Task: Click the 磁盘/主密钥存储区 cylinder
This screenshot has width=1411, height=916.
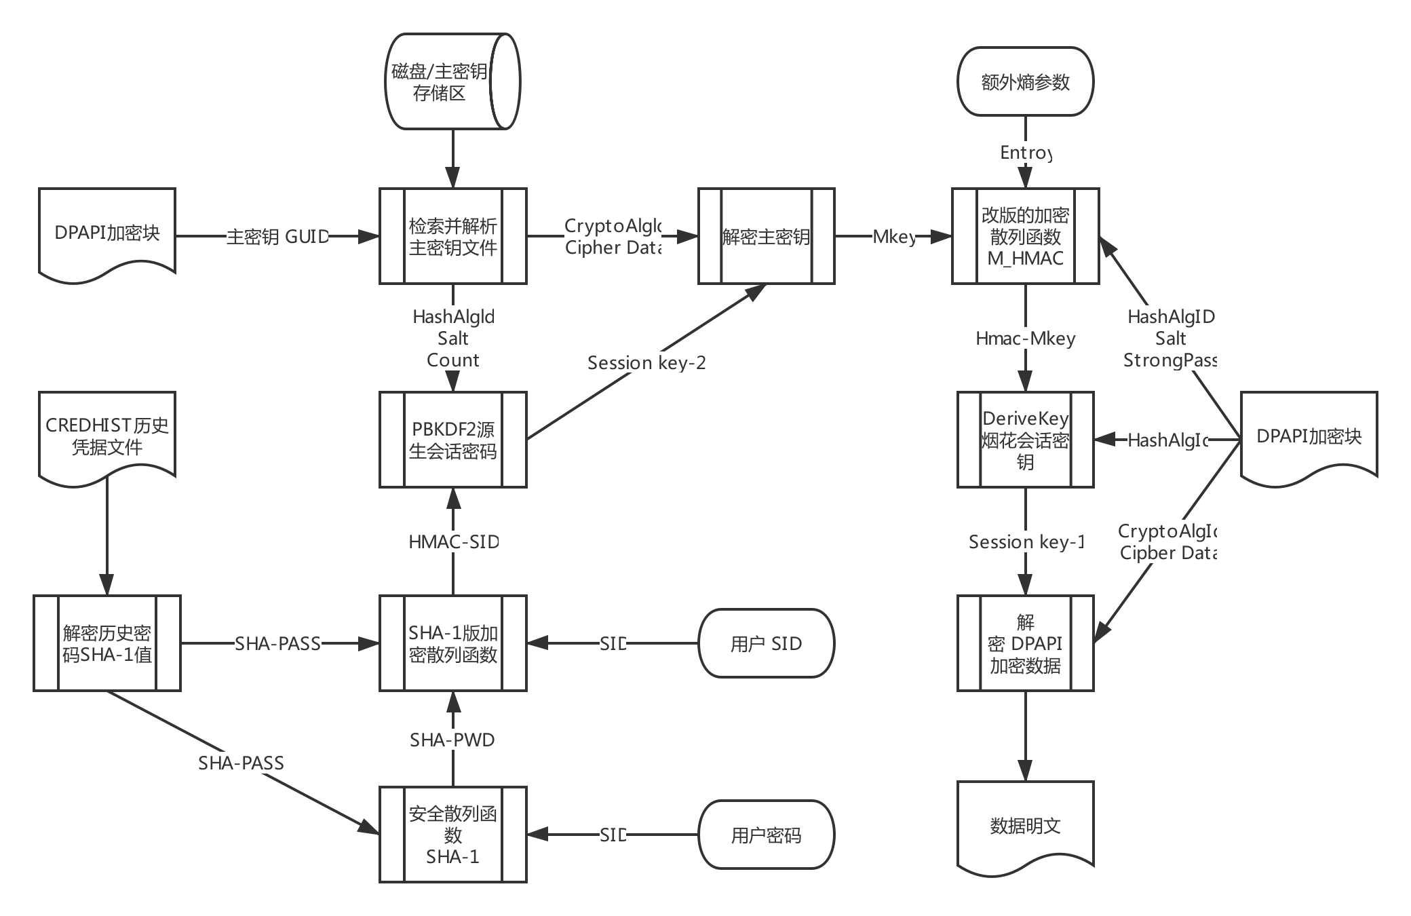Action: pyautogui.click(x=452, y=81)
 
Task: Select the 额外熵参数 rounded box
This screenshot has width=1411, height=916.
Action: pyautogui.click(x=1025, y=81)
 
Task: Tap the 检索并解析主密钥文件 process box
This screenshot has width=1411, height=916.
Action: pyautogui.click(x=452, y=236)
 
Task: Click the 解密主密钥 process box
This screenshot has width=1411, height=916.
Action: pyautogui.click(x=766, y=236)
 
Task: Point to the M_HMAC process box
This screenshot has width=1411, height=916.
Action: pyautogui.click(x=1025, y=236)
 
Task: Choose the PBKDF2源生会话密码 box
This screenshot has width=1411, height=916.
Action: pyautogui.click(x=452, y=440)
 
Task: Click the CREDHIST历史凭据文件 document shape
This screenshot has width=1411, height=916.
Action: pyautogui.click(x=107, y=436)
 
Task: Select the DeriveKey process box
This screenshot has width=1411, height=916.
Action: pyautogui.click(x=1025, y=440)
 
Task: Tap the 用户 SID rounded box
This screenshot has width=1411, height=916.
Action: pyautogui.click(x=766, y=643)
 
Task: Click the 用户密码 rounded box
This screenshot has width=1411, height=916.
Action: pyautogui.click(x=766, y=835)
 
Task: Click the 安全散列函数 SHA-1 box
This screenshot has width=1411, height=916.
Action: pyautogui.click(x=452, y=835)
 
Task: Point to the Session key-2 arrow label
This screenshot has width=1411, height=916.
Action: pyautogui.click(x=646, y=362)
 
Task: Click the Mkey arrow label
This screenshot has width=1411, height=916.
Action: pyautogui.click(x=894, y=236)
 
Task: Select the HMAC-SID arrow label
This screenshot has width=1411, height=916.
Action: pyautogui.click(x=453, y=541)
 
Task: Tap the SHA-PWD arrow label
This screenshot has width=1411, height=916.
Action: pyautogui.click(x=452, y=739)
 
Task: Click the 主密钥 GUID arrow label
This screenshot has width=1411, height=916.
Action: pyautogui.click(x=277, y=236)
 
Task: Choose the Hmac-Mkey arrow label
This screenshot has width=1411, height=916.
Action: pyautogui.click(x=1025, y=338)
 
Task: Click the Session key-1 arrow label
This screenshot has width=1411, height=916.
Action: pyautogui.click(x=1026, y=541)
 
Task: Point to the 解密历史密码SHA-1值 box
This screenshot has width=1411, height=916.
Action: pyautogui.click(x=107, y=643)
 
